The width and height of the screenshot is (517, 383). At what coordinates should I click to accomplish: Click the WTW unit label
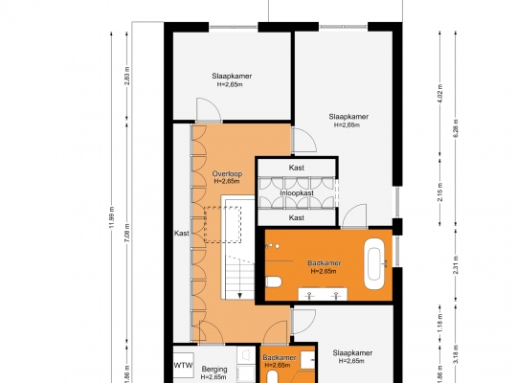pyautogui.click(x=183, y=366)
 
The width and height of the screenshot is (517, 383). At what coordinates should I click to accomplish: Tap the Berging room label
pyautogui.click(x=214, y=370)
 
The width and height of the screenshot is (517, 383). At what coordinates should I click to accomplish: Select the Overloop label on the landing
pyautogui.click(x=227, y=174)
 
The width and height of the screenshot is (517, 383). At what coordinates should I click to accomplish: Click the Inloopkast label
pyautogui.click(x=297, y=193)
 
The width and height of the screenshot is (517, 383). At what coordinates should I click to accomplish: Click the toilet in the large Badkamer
pyautogui.click(x=273, y=282)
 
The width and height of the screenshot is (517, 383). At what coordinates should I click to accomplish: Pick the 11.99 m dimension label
pyautogui.click(x=112, y=216)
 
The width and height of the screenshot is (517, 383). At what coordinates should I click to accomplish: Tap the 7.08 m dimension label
pyautogui.click(x=127, y=233)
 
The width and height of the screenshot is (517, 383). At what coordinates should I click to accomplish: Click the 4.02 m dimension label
pyautogui.click(x=440, y=93)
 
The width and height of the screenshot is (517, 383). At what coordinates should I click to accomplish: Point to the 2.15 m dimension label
pyautogui.click(x=440, y=191)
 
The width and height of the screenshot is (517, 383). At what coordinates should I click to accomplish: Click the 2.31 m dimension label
pyautogui.click(x=456, y=265)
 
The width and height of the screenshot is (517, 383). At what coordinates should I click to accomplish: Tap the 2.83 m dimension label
pyautogui.click(x=127, y=76)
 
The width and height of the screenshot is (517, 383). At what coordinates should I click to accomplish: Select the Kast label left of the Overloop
pyautogui.click(x=182, y=234)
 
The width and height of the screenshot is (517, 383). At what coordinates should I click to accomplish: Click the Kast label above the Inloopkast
pyautogui.click(x=297, y=168)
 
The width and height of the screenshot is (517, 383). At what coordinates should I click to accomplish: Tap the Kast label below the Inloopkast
pyautogui.click(x=297, y=217)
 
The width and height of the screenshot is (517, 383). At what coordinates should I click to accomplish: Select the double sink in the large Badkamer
pyautogui.click(x=323, y=294)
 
